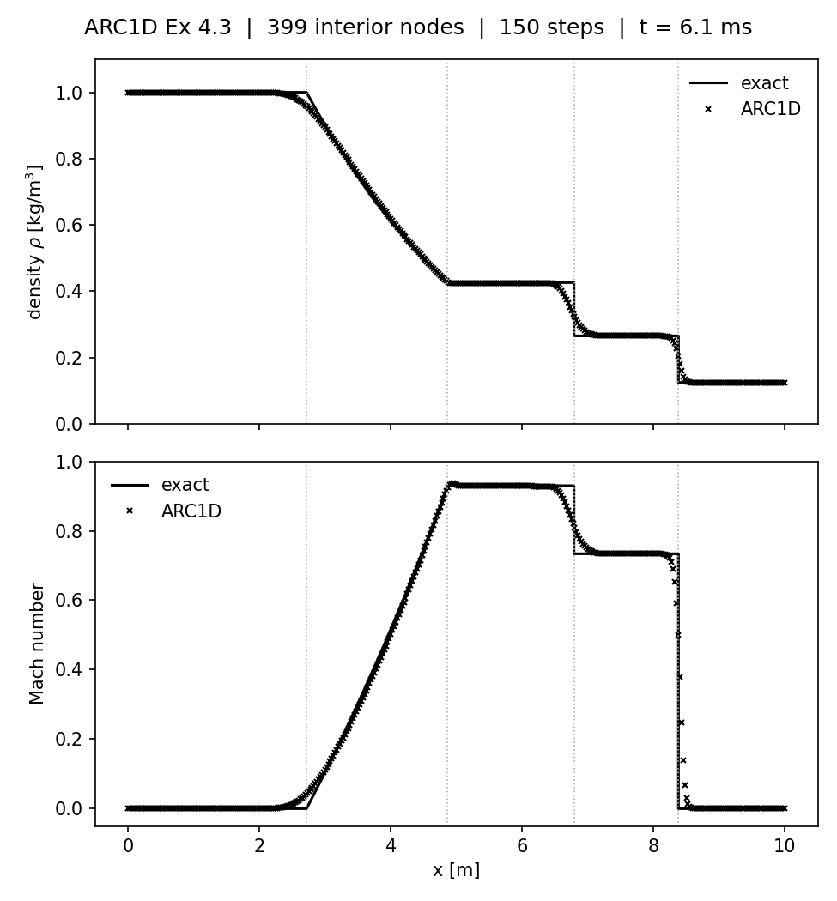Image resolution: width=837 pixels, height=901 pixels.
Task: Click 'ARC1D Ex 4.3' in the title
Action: [x=158, y=28]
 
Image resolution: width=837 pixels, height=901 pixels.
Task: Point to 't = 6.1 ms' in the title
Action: [x=695, y=28]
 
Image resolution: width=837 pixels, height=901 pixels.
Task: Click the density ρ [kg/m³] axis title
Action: [x=36, y=242]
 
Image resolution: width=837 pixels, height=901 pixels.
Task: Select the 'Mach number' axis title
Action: [x=37, y=644]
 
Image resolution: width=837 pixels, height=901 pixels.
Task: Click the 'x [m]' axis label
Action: [x=456, y=870]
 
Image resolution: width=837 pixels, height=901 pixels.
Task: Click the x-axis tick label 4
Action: [x=391, y=845]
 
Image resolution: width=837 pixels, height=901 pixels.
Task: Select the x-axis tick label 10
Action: [x=784, y=845]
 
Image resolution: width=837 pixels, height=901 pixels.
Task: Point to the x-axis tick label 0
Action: [x=128, y=845]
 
